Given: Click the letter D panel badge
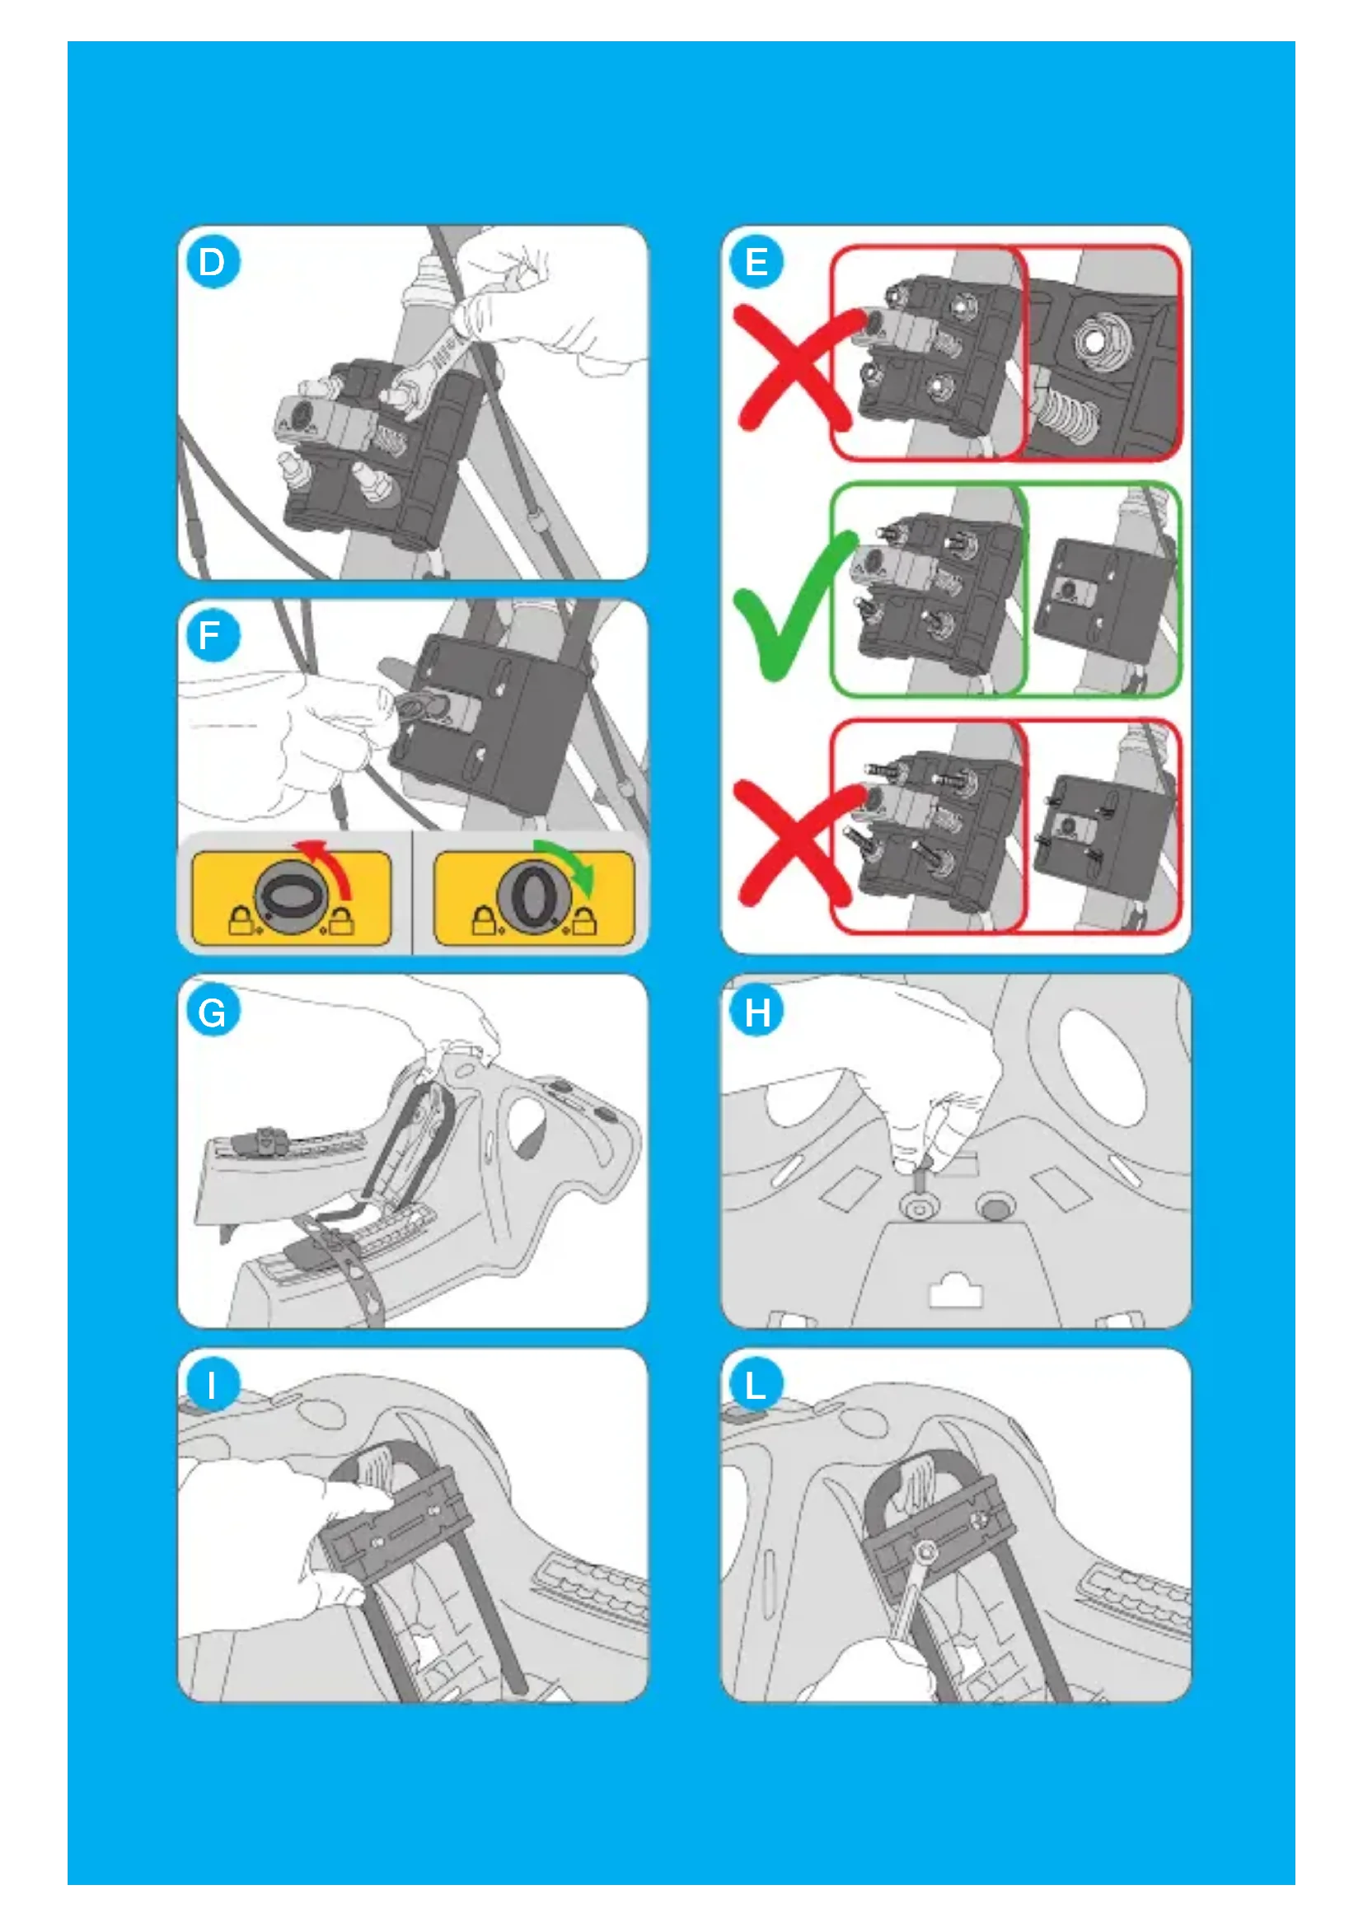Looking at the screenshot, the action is [x=213, y=262].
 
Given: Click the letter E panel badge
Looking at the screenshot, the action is [x=756, y=262].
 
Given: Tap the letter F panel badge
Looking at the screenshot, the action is [x=213, y=635].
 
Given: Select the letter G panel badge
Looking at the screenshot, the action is [x=213, y=1012].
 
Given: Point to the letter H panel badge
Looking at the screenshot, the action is [x=756, y=1012].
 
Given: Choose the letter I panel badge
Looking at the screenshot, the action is [x=213, y=1385].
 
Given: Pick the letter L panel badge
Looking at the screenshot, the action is [x=756, y=1385].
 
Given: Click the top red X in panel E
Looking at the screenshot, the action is [x=798, y=367].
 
